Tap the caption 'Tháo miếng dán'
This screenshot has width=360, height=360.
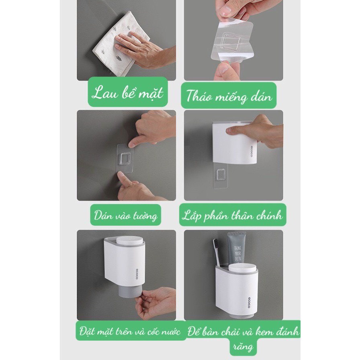coord(229,96)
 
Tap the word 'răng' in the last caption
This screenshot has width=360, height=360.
coord(243,346)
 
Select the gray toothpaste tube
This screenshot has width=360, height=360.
coord(237,249)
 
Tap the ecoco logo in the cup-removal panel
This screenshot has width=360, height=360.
coord(137,273)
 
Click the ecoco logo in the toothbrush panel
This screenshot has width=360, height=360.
coord(250,303)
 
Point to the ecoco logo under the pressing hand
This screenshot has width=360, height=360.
coord(252,151)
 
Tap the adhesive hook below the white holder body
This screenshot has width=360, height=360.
coord(221,176)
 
